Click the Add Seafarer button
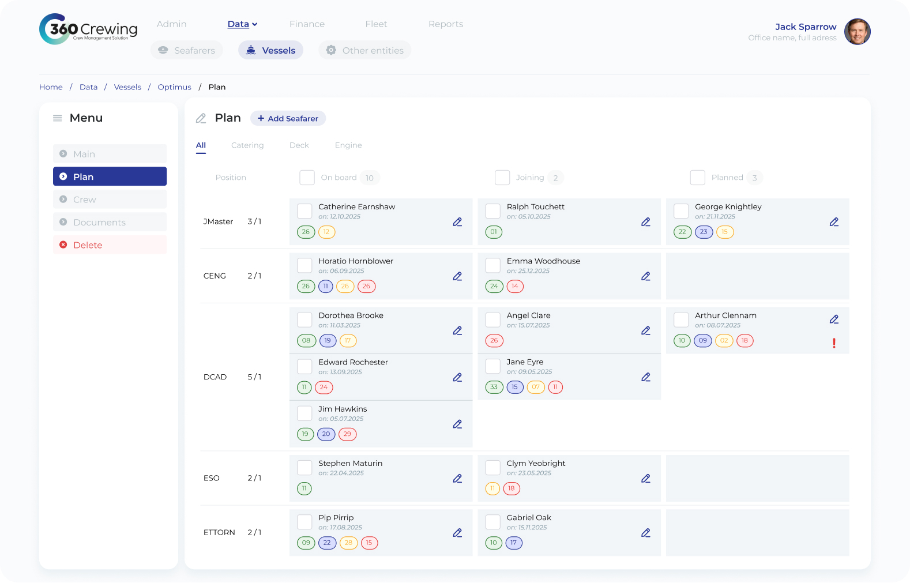coord(288,118)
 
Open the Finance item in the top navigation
coord(307,24)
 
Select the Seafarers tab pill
coord(186,50)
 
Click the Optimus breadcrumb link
coord(174,87)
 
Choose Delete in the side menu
coord(110,245)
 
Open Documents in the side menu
coord(110,222)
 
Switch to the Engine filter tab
coord(348,145)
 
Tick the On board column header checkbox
coord(307,178)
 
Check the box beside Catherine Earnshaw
coord(304,211)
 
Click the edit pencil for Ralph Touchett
coord(645,222)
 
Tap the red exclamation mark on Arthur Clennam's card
coord(834,343)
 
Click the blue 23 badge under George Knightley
coord(704,232)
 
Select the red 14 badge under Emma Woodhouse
coord(515,286)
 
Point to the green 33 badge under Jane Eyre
coord(494,387)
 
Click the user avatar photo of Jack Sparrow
coord(857,31)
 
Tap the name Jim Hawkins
coord(343,409)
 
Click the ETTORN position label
coord(219,532)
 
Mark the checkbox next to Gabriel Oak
coord(493,522)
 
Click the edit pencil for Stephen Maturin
coord(457,479)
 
